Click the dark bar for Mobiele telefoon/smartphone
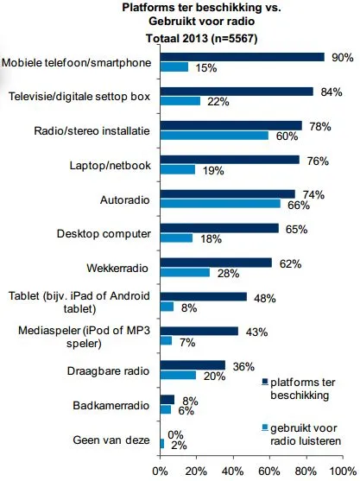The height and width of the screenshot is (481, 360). click(x=242, y=57)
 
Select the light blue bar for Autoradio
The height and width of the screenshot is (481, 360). click(x=219, y=204)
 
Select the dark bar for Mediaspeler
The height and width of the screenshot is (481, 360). click(x=199, y=331)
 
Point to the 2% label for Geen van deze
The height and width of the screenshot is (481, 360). click(x=178, y=445)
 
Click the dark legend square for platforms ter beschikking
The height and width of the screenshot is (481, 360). click(x=262, y=381)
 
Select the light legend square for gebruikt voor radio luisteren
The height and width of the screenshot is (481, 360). click(x=262, y=426)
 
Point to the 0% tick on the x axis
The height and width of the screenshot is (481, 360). click(x=160, y=472)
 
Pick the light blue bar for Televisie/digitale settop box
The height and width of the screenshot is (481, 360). click(x=180, y=101)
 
